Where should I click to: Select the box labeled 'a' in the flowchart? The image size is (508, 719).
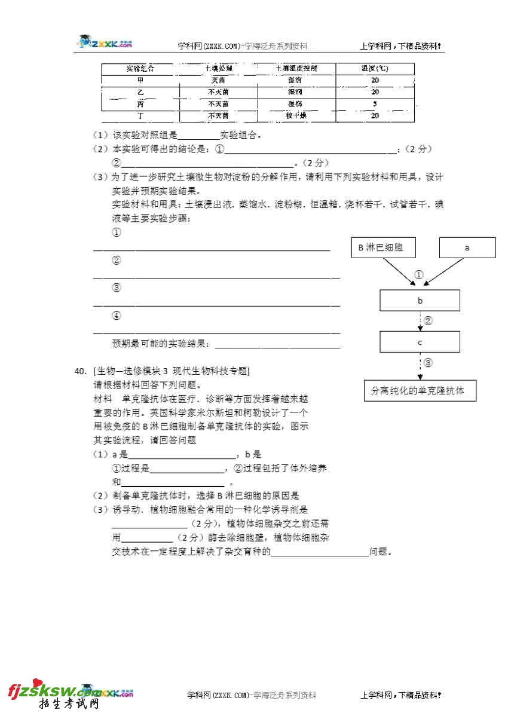pos(467,247)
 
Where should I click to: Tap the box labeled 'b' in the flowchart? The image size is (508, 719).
pos(420,301)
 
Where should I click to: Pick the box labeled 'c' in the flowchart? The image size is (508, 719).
pos(420,342)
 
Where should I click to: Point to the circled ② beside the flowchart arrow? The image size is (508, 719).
pos(428,321)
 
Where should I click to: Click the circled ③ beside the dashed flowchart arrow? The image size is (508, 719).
pos(428,362)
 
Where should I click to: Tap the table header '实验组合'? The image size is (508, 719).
pos(140,69)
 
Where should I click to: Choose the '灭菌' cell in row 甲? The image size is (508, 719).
pos(218,80)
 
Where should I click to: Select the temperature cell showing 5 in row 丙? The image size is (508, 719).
pos(375,104)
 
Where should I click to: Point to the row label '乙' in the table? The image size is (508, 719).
pos(140,92)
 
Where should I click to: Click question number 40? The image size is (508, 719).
pos(81,371)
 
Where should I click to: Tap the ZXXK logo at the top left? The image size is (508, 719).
pos(105,42)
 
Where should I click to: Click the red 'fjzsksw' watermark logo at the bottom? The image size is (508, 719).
pos(45,693)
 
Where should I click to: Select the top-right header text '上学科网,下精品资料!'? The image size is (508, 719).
pos(400,45)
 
